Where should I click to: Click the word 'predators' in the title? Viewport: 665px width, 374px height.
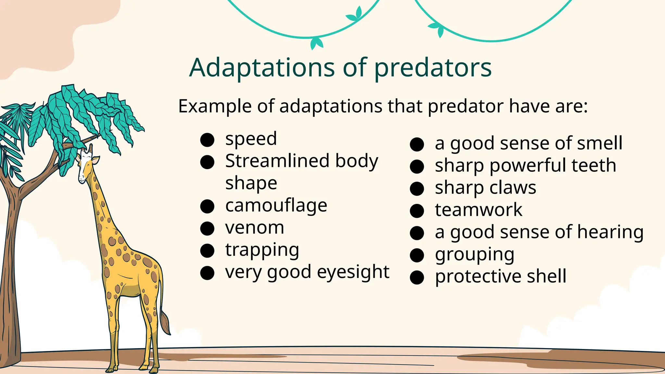(433, 68)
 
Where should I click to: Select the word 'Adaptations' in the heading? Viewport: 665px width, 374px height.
(262, 68)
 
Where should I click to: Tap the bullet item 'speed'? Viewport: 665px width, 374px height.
(251, 139)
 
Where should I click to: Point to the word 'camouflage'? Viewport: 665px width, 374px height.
(276, 206)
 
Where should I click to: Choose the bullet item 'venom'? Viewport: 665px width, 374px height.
(255, 228)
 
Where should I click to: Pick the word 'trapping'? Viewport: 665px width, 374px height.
(262, 250)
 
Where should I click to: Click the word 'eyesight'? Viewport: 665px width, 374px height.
(353, 272)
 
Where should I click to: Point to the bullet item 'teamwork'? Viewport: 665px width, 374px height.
(479, 210)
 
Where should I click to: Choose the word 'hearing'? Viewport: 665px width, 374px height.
(610, 232)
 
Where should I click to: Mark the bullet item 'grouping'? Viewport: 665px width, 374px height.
(475, 255)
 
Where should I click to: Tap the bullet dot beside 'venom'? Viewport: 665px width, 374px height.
(207, 228)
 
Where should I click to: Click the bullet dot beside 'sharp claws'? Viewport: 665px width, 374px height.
(417, 189)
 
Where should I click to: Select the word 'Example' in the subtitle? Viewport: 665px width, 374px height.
(215, 106)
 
